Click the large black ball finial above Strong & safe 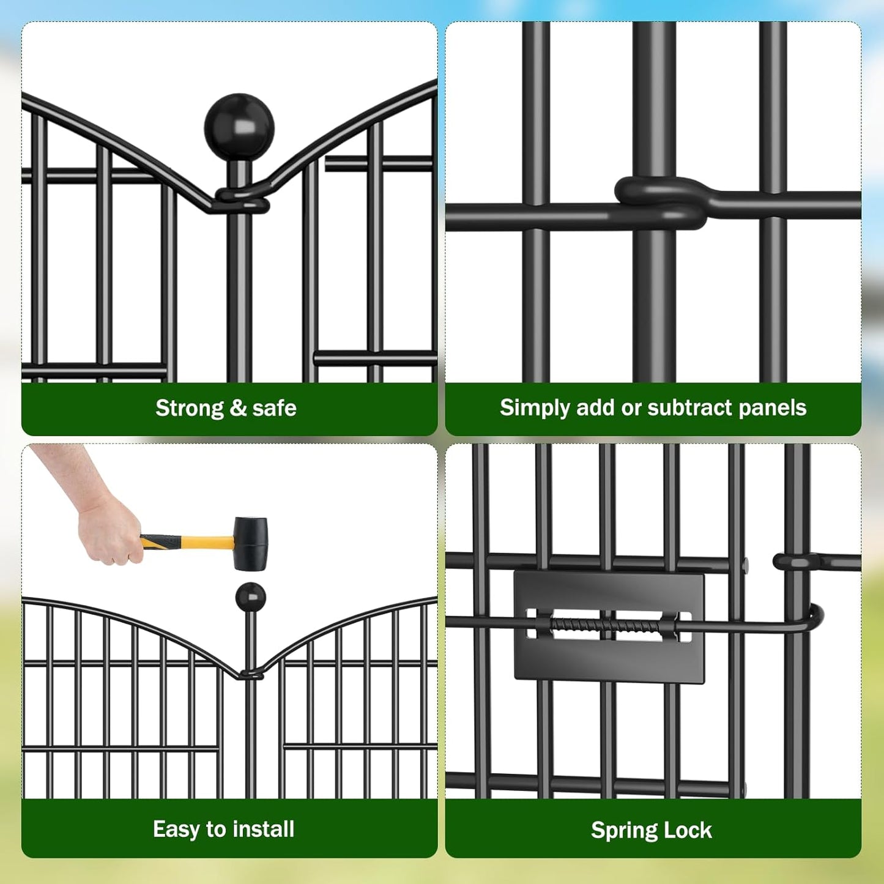pos(239,127)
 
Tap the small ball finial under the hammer pos(250,596)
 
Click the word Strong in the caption pos(190,408)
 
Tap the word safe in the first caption pos(274,408)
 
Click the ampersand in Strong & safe pos(238,408)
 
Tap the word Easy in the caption pos(177,830)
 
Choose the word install pos(264,830)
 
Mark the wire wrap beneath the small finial pos(251,674)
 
